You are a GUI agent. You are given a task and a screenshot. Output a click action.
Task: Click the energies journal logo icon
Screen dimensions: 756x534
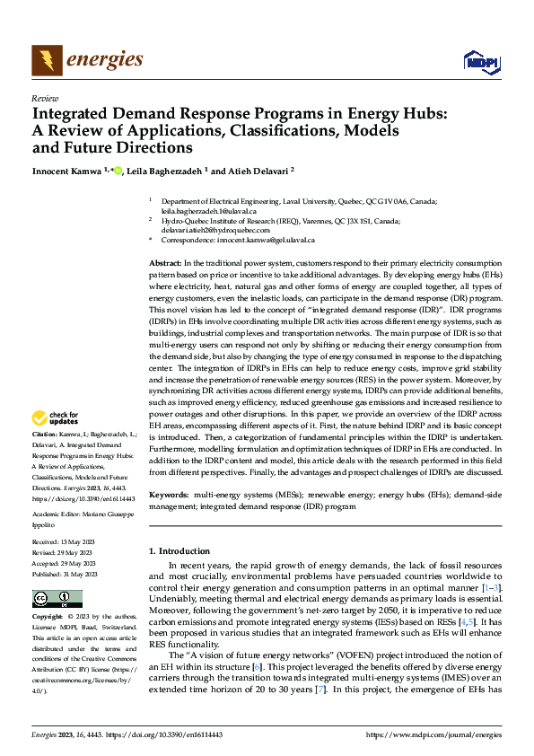[x=46, y=60]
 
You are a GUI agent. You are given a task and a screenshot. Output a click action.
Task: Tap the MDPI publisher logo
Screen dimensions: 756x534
[x=480, y=61]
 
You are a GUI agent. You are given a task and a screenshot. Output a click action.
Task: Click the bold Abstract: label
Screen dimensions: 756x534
[x=165, y=260]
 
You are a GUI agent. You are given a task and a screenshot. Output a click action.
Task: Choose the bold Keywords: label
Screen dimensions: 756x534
[x=169, y=495]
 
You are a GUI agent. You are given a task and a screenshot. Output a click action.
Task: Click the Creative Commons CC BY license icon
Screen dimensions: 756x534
[x=57, y=599]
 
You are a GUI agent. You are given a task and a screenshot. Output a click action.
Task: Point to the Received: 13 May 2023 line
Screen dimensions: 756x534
[x=66, y=542]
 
